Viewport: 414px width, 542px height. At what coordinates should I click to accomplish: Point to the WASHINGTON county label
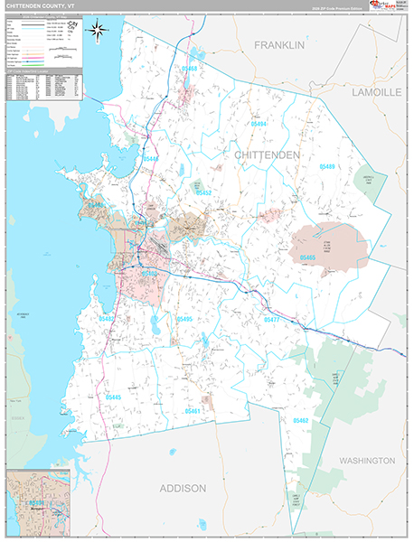coord(367,460)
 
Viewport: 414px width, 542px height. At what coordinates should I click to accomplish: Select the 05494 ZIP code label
coord(259,123)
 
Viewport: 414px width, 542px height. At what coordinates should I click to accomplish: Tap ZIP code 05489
coord(325,167)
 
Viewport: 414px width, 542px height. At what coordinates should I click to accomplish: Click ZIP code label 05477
coord(273,320)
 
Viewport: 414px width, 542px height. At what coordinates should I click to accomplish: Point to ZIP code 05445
coord(112,397)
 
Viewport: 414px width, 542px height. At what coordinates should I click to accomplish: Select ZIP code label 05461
coord(192,410)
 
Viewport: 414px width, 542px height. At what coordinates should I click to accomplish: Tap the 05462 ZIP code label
coord(300,420)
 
